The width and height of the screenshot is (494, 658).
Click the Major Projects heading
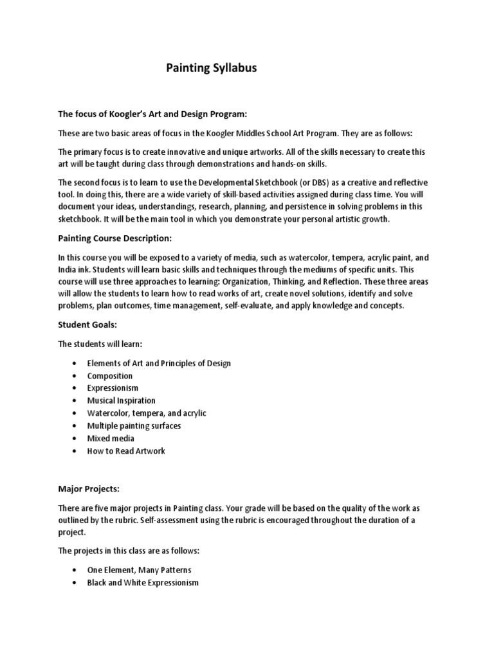(x=90, y=490)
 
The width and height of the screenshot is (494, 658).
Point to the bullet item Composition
(x=110, y=376)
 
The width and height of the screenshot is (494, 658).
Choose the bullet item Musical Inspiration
(x=122, y=401)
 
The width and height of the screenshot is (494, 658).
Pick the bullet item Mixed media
(x=111, y=438)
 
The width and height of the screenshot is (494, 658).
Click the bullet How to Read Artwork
(x=126, y=451)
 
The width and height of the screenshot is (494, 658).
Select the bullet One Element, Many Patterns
(x=139, y=570)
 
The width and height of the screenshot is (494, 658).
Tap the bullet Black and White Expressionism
(x=143, y=583)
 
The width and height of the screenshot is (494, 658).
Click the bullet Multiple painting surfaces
(x=134, y=426)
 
